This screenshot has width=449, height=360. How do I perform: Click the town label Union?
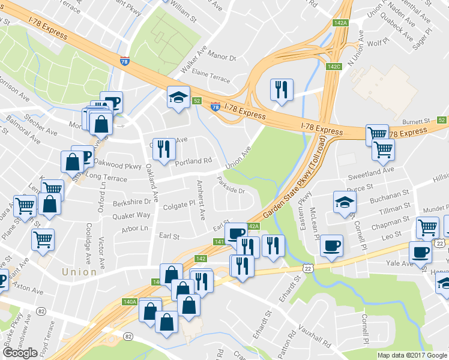click(x=79, y=272)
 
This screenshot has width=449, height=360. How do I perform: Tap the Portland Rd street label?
click(x=194, y=161)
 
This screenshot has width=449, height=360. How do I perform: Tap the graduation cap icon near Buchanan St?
click(x=345, y=201)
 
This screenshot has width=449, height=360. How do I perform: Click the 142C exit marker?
click(x=334, y=67)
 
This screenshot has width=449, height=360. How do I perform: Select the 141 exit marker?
click(x=219, y=242)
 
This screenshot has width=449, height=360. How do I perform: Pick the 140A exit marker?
click(x=130, y=302)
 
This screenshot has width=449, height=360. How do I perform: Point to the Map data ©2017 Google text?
click(x=412, y=355)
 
